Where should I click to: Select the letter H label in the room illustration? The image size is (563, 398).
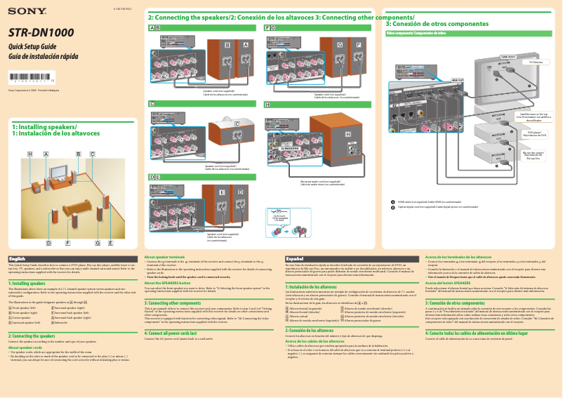[30, 153]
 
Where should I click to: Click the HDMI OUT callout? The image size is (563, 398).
[457, 81]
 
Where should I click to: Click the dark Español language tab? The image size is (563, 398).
[296, 260]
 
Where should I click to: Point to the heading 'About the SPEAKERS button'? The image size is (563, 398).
[168, 283]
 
